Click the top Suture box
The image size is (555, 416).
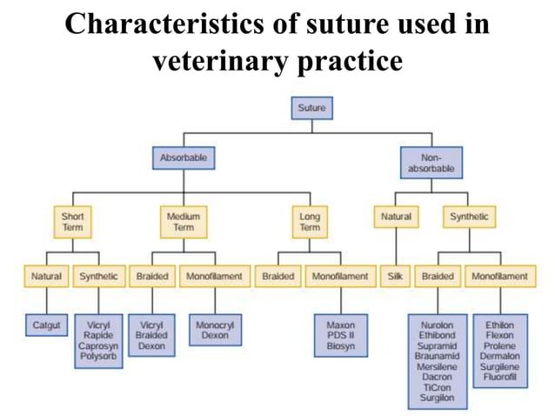pos(311,109)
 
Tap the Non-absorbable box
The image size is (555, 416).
pos(430,163)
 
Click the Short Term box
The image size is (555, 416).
pos(72,222)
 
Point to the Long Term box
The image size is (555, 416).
pos(309,222)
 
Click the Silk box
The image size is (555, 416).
pos(394,277)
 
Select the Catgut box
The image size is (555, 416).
pos(47,325)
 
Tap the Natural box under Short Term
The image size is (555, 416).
pos(47,277)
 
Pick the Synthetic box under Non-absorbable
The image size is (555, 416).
pos(469,216)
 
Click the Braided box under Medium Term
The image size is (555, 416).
pos(152,277)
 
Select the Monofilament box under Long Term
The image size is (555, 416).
pos(339,277)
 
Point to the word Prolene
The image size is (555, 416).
pos(500,346)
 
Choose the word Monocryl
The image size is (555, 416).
pos(211,325)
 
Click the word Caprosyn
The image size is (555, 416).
pos(97,346)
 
